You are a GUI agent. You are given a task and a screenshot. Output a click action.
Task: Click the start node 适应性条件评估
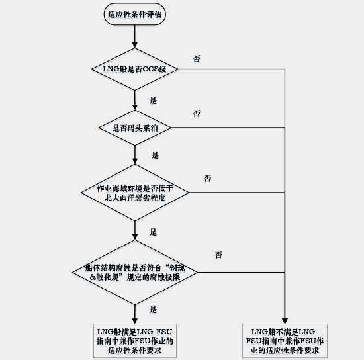point(134,14)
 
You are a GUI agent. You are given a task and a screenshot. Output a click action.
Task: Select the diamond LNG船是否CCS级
point(134,69)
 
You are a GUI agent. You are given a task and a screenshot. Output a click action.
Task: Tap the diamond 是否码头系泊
point(134,128)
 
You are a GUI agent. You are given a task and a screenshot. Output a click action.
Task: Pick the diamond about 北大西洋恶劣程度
point(134,193)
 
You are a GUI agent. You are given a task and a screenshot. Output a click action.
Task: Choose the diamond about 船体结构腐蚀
point(134,272)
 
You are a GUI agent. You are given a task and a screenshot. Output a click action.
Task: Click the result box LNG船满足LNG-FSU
point(135,341)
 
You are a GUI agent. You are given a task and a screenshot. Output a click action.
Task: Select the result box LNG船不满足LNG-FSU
point(285,341)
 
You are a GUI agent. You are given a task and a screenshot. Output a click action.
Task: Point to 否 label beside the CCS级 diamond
point(197,58)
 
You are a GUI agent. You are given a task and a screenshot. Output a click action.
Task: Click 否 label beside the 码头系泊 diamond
point(197,114)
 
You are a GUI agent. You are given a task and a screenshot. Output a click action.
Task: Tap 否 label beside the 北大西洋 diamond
point(208,179)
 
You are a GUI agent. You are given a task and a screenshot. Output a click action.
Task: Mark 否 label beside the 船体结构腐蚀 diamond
point(218,255)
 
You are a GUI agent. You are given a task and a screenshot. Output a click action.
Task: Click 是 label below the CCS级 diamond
point(153,101)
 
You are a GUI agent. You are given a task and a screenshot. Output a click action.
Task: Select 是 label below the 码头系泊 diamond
point(155,155)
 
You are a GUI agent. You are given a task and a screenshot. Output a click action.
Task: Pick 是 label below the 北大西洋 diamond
point(153,232)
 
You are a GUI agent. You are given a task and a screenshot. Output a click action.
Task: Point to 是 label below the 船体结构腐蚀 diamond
point(153,309)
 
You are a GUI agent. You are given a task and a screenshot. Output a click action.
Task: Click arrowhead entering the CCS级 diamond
point(134,45)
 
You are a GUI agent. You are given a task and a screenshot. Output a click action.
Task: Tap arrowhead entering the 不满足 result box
point(285,321)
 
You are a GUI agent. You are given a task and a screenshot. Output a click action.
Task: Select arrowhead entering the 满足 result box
point(134,321)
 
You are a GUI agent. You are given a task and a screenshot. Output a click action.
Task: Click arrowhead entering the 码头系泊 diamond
point(134,107)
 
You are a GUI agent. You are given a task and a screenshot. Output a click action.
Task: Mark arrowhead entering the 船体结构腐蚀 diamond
point(134,237)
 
